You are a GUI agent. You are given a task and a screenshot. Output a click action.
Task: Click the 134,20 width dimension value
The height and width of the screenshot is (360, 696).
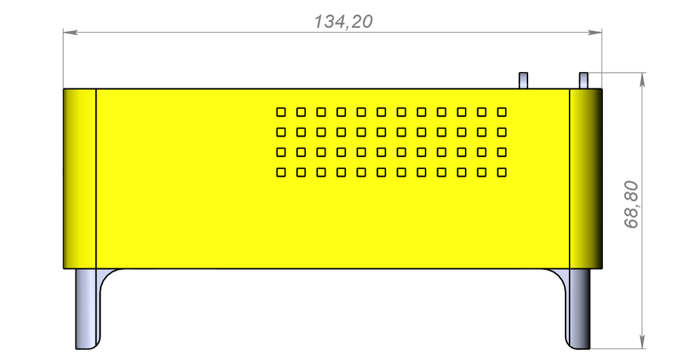point(343,21)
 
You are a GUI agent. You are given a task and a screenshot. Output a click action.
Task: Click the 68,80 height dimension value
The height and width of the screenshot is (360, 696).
point(631,204)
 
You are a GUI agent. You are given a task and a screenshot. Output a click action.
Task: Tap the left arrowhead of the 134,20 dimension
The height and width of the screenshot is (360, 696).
point(71,33)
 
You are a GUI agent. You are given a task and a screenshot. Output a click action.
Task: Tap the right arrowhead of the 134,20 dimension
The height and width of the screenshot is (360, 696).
point(595,33)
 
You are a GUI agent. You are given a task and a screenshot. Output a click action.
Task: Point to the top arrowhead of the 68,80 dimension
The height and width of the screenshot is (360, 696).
point(642,79)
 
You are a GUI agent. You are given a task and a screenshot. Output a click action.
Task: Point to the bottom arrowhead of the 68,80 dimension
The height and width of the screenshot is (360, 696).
point(642,341)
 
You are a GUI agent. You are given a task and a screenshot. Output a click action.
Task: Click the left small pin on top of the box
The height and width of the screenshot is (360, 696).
point(524,80)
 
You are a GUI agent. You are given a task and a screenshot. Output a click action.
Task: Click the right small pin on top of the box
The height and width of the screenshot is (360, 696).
point(584,80)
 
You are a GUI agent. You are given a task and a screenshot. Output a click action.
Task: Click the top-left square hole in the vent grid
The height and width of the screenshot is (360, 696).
point(281,112)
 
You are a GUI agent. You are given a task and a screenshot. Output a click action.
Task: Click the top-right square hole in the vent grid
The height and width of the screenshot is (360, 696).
point(502,112)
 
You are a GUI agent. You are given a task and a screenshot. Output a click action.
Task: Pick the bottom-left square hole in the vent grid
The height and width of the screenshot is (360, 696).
point(281,173)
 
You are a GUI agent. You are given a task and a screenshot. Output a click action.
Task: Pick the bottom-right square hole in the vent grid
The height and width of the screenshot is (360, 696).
point(502,173)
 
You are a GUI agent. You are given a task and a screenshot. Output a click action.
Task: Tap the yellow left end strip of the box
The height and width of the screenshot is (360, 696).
point(80,179)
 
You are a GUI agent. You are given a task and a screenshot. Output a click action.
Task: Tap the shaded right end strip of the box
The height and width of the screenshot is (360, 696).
point(586,179)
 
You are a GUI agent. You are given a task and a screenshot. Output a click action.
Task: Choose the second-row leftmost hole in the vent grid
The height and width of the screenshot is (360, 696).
point(281,132)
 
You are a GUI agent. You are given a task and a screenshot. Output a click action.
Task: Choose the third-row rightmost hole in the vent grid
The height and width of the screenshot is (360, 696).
point(502,153)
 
